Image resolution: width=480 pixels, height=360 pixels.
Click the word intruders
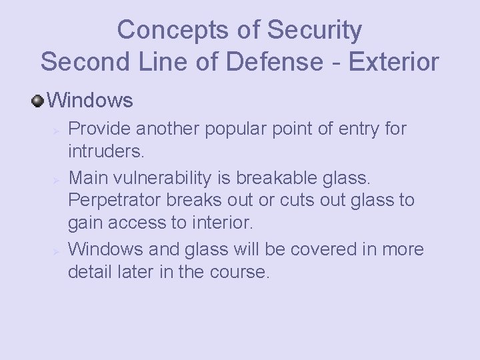pyautogui.click(x=105, y=151)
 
